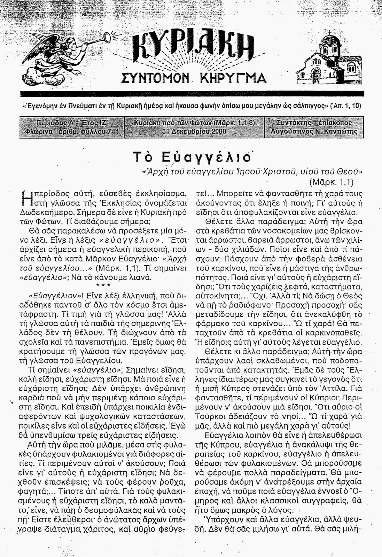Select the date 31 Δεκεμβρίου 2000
click(194, 132)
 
